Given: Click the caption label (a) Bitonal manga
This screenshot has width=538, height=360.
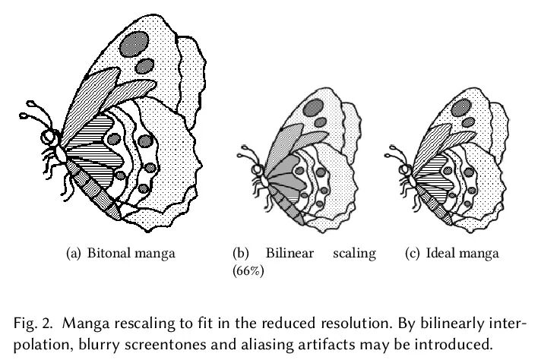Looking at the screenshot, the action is tap(121, 253).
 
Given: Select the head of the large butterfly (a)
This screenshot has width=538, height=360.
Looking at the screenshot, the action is tap(51, 137).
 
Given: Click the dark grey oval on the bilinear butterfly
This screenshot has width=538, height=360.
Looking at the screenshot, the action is tap(312, 107).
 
